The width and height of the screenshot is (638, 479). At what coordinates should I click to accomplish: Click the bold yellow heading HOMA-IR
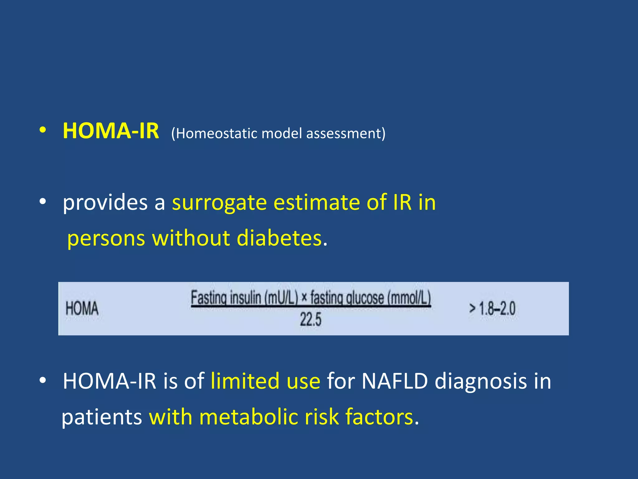click(111, 131)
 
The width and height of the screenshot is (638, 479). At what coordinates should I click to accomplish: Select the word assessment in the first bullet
click(344, 133)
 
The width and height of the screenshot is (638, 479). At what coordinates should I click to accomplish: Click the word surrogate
click(219, 203)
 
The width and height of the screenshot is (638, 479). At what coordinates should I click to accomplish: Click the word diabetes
click(279, 238)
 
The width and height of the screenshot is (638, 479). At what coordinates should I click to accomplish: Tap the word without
click(191, 238)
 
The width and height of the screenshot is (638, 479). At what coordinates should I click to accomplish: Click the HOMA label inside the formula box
click(82, 308)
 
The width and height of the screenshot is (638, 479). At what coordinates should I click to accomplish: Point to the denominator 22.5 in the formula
click(310, 320)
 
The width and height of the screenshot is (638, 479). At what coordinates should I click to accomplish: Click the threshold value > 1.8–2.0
click(492, 309)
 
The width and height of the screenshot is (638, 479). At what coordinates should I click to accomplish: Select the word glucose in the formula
click(365, 298)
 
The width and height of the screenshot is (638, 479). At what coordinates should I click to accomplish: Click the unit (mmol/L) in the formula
click(409, 298)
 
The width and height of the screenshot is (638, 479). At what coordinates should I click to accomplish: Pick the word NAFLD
click(394, 381)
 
